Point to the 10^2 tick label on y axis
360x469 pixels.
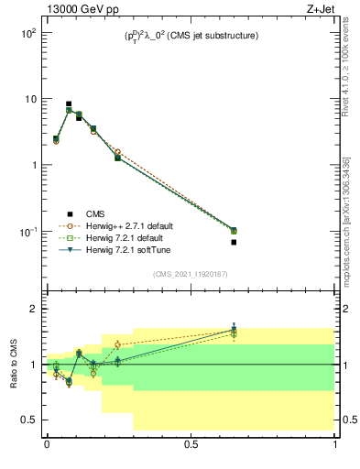pos(27,32)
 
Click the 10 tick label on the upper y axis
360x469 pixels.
pos(29,99)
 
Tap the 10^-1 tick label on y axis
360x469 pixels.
pos(27,232)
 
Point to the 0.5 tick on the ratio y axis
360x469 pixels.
pos(27,420)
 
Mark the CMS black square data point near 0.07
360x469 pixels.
pos(69,104)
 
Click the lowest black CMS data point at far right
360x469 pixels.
pos(234,243)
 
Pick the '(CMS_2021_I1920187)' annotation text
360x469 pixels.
pos(191,274)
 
